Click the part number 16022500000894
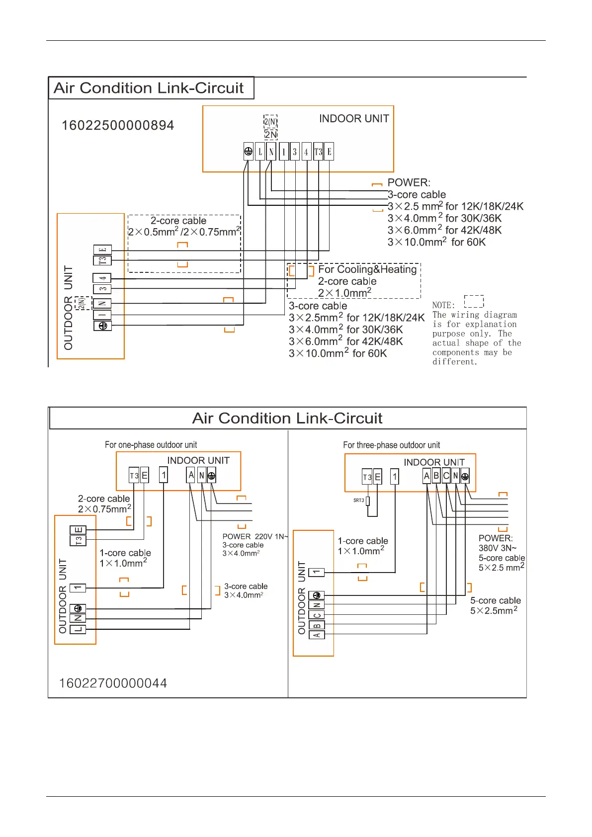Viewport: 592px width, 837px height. coord(118,125)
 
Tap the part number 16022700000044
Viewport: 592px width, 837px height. coord(113,683)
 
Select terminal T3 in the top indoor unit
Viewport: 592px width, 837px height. coord(318,152)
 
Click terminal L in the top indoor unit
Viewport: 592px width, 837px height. coord(260,152)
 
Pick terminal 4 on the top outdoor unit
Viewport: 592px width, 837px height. coord(102,278)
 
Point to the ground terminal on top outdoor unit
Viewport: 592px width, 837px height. coord(103,326)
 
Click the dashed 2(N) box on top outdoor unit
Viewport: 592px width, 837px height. coord(83,303)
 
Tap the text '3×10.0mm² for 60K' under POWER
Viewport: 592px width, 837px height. coord(436,243)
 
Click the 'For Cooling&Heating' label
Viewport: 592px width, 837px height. coord(367,269)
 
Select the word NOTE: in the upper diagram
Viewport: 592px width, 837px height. coord(443,305)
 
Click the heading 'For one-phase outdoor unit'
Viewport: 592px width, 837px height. coord(151,445)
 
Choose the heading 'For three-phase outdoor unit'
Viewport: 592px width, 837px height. coord(391,445)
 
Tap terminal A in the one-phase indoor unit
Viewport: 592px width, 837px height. coord(191,475)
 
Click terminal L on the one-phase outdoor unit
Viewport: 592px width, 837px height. coord(78,629)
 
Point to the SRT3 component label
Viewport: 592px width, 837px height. coord(359,501)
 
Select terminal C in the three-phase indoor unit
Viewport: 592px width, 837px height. coord(446,476)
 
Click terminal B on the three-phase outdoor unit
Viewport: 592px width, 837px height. coord(317,625)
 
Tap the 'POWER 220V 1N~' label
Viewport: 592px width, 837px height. coord(255,536)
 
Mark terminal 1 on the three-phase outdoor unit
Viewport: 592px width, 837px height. coord(317,572)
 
